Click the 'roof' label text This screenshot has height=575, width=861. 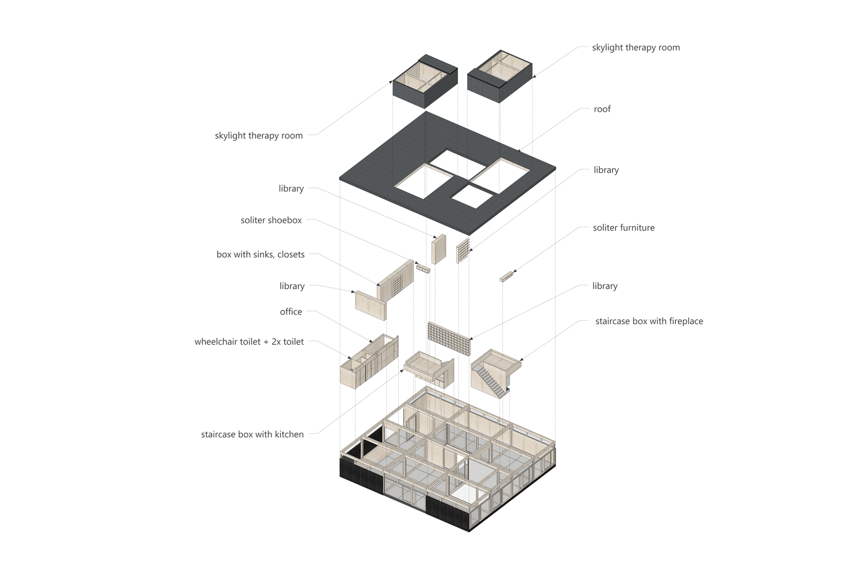[x=602, y=109]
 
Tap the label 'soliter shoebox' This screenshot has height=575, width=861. [x=271, y=220]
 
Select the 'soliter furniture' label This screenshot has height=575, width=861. [x=623, y=228]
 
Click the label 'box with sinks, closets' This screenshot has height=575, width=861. [x=260, y=254]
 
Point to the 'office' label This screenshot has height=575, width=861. [x=290, y=312]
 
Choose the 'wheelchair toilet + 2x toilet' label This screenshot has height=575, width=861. [x=249, y=341]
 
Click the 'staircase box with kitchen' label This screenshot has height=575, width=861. [x=252, y=434]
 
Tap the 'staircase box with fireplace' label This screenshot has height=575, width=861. [x=649, y=321]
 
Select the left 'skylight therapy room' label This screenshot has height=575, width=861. [x=259, y=135]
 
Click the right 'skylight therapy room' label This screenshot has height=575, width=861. [x=636, y=48]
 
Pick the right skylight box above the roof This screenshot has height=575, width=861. [x=500, y=76]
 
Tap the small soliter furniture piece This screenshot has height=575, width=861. [x=507, y=277]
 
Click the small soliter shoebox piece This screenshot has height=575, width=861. [x=423, y=269]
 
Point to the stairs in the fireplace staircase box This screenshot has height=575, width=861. [x=491, y=380]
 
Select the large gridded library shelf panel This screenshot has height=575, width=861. [x=448, y=339]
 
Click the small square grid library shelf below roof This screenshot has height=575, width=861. [x=463, y=251]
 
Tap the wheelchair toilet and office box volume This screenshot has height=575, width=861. [x=369, y=362]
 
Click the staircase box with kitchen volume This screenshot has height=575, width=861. [x=429, y=370]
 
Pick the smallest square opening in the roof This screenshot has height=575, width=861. [x=472, y=196]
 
